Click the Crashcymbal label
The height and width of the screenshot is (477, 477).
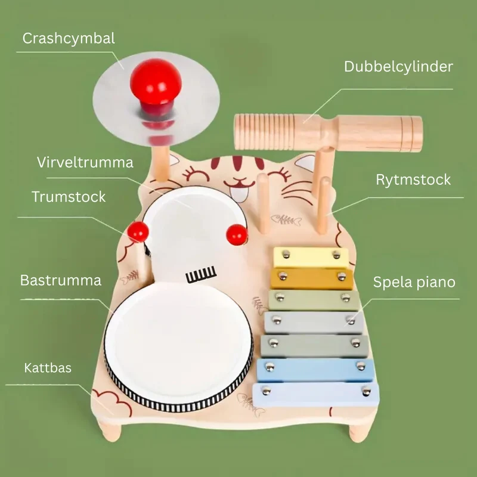coord(69,39)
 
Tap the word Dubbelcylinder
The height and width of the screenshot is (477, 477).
coord(398,67)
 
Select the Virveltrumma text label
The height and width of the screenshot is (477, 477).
coord(85,162)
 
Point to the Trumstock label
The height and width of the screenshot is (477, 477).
coord(69,197)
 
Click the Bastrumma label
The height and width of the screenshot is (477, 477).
coord(61,280)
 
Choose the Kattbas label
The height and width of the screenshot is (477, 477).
coord(48,368)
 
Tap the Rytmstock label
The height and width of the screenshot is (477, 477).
coord(413,180)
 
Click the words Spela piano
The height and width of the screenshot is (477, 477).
coord(414,282)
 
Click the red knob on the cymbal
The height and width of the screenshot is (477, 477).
coord(156,86)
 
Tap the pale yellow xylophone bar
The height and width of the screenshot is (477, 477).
coord(311,258)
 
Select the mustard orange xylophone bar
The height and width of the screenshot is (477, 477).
coord(312,278)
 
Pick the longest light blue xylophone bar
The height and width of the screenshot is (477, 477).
coord(316,395)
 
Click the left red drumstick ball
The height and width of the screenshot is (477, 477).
coord(138,232)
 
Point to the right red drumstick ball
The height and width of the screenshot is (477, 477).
coord(237,234)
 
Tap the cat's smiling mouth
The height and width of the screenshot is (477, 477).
coord(240,184)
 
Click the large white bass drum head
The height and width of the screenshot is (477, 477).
coord(178,342)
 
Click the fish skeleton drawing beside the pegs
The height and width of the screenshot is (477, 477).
coord(286,220)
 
